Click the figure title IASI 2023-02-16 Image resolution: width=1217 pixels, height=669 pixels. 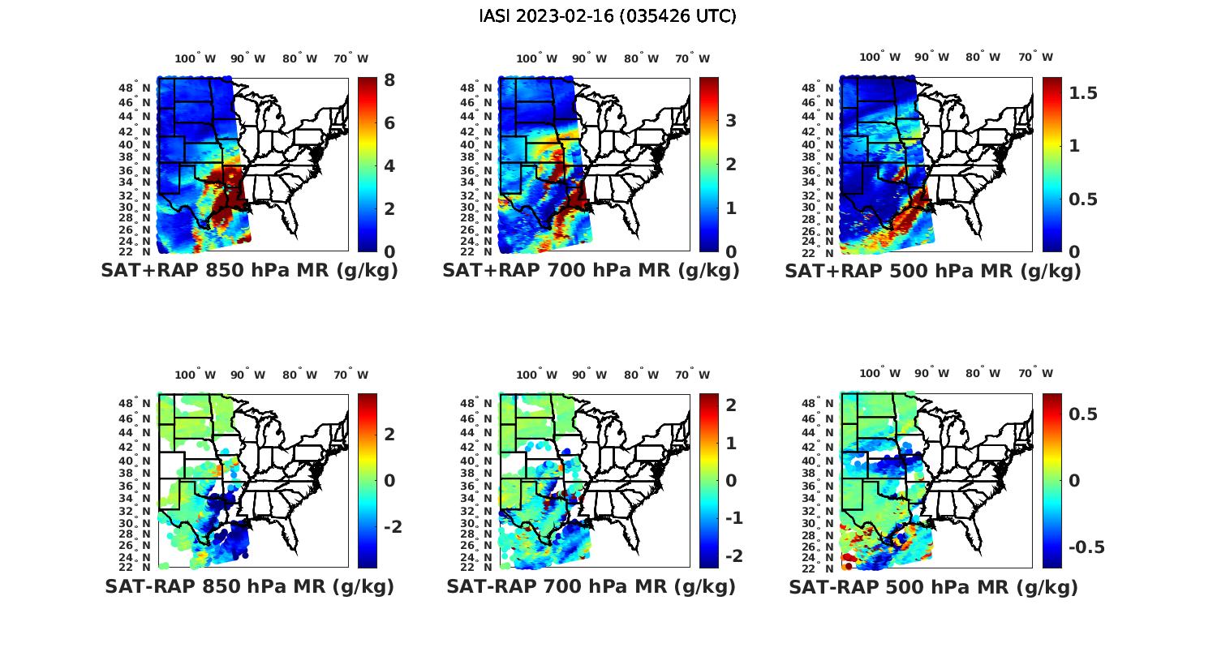click(608, 16)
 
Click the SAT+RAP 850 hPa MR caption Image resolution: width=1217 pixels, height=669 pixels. click(249, 271)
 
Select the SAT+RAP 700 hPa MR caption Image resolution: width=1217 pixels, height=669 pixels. click(591, 271)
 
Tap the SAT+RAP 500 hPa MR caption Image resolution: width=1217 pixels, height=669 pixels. click(932, 271)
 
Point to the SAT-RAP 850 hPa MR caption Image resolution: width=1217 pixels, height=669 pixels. click(249, 586)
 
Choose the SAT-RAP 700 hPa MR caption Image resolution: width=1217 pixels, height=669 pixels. click(591, 586)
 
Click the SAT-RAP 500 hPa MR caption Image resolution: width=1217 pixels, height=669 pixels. click(933, 586)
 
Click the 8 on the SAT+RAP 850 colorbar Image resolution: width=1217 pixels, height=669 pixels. click(389, 80)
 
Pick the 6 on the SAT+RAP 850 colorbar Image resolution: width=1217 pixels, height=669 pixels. click(389, 123)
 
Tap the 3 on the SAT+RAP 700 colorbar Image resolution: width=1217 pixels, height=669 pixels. click(731, 121)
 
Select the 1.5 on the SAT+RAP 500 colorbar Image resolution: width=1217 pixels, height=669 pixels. click(1083, 93)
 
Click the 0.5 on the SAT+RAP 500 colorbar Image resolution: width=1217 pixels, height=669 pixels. click(1083, 199)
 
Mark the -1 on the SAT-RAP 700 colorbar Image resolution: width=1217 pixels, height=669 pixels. click(733, 518)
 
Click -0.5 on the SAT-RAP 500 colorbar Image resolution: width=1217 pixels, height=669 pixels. click(1086, 547)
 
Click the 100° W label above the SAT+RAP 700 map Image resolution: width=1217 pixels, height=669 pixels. click(536, 58)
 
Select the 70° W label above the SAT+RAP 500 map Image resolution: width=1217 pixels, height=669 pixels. click(1035, 57)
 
